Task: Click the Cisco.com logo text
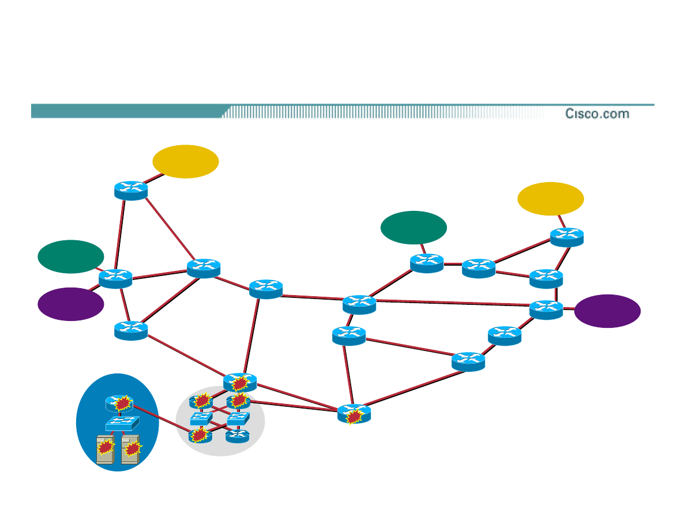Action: [x=597, y=114]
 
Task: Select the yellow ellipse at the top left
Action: [x=185, y=161]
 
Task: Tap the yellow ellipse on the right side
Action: [x=550, y=199]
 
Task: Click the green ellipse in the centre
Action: [x=413, y=228]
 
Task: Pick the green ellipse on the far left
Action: [x=70, y=256]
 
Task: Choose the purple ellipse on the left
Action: [x=70, y=304]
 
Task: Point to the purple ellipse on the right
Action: [x=607, y=311]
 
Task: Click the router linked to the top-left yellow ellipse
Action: [x=131, y=190]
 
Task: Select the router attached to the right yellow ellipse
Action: [x=566, y=236]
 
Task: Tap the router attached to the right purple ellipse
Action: [x=545, y=309]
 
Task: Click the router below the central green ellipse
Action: [x=427, y=263]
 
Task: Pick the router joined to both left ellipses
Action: [x=115, y=278]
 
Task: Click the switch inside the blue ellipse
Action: [x=122, y=424]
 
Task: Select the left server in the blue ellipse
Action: [x=105, y=449]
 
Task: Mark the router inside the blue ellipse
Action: [x=119, y=403]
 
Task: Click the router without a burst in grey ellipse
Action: [x=238, y=436]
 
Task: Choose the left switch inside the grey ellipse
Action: [x=201, y=419]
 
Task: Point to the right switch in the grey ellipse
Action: [x=238, y=418]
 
